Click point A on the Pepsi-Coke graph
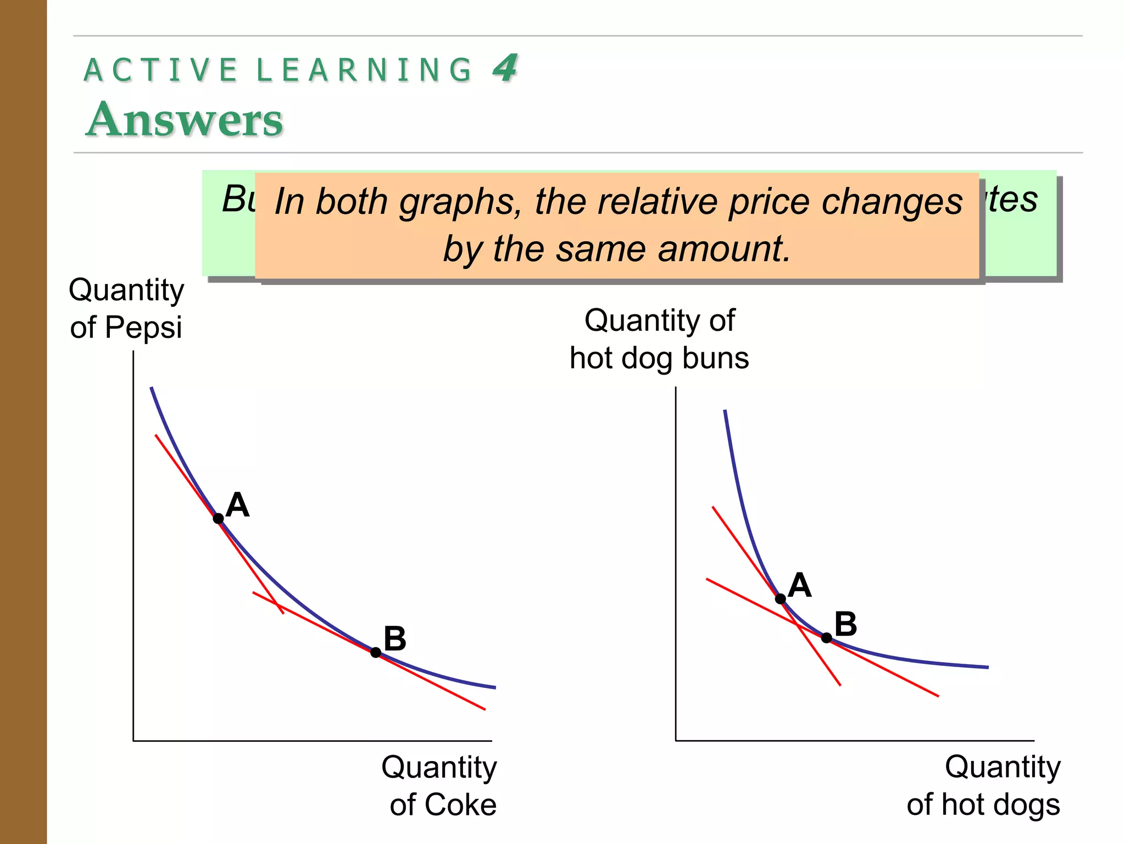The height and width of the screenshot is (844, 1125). (218, 518)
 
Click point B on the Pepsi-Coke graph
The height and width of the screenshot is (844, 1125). (376, 652)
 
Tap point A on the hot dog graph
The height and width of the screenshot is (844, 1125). (780, 598)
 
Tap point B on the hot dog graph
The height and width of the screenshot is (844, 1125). (826, 637)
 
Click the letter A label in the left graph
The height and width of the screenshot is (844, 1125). (237, 504)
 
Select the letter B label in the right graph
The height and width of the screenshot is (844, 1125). (845, 624)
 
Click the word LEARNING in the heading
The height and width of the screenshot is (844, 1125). (364, 70)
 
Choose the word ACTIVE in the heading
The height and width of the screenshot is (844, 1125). (161, 70)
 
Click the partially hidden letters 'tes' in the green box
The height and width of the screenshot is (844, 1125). (1012, 199)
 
